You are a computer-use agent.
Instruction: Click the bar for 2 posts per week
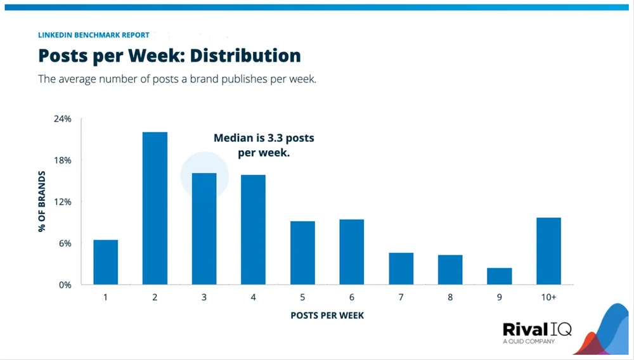coord(155,209)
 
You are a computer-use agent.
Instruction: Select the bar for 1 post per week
coord(105,262)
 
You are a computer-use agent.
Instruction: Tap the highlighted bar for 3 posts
coord(204,229)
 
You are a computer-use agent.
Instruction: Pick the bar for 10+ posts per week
coord(548,251)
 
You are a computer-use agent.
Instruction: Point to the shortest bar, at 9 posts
coord(499,276)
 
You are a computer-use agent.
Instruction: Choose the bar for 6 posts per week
coord(352,252)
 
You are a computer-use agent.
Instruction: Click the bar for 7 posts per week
coord(401,269)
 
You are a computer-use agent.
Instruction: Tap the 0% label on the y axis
coord(65,285)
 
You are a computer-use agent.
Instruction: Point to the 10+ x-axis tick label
coord(548,297)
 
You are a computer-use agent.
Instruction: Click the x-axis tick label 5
coord(302,297)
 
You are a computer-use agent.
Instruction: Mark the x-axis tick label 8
coord(450,297)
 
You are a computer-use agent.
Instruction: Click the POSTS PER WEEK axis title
coord(327,315)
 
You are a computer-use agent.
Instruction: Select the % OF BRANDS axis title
coord(42,202)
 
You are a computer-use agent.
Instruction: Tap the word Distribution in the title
coord(245,56)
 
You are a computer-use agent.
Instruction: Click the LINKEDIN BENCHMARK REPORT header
coord(94,35)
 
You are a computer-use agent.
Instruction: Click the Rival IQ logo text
coord(536,330)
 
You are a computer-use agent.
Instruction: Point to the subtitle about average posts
coord(177,80)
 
